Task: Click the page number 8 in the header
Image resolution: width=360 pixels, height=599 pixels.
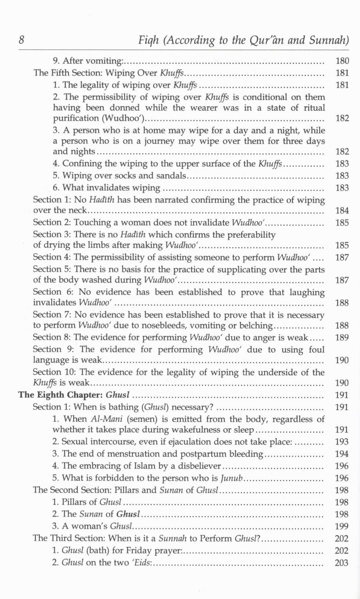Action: (x=21, y=40)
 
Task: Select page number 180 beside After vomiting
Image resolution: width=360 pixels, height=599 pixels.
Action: (x=342, y=61)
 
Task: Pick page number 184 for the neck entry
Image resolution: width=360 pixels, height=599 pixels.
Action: (x=342, y=210)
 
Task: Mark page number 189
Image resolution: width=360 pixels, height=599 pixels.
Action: (x=342, y=337)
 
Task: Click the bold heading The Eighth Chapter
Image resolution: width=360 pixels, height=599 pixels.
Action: (x=60, y=395)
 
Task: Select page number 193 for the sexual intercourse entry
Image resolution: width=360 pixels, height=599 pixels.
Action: (x=341, y=442)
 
